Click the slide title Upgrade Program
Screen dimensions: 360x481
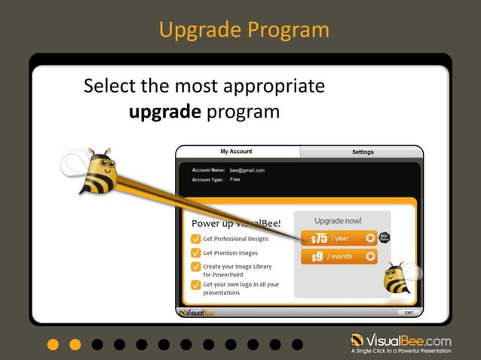click(244, 30)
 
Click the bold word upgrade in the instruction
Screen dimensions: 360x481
click(164, 112)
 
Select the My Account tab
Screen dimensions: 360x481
click(236, 151)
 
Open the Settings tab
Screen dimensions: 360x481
click(362, 151)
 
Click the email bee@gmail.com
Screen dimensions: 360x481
click(247, 170)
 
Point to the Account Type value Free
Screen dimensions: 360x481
click(234, 179)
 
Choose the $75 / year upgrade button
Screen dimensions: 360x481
click(339, 238)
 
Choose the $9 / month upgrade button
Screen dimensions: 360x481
click(339, 257)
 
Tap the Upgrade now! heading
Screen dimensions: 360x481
click(338, 221)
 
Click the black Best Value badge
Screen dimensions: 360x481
click(384, 238)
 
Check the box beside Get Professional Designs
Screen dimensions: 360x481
click(195, 239)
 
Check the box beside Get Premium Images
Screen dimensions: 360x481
click(195, 253)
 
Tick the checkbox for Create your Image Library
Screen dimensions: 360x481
click(195, 267)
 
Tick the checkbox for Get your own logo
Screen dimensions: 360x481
click(195, 285)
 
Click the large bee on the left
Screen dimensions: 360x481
click(97, 173)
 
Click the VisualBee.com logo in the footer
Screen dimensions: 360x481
click(400, 341)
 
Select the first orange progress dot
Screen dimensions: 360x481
click(52, 344)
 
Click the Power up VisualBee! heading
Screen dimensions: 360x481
click(235, 223)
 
